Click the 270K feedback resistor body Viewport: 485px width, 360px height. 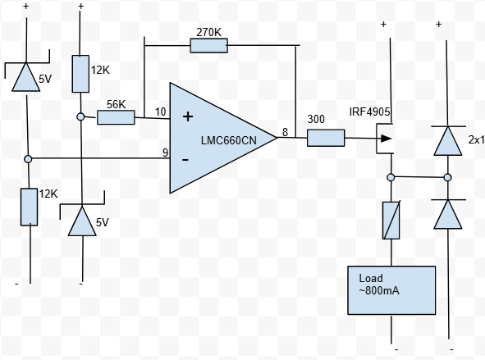(x=208, y=46)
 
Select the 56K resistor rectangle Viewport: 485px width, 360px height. (x=116, y=117)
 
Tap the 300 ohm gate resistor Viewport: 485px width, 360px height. (x=326, y=138)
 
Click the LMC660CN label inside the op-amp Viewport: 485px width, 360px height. (x=229, y=140)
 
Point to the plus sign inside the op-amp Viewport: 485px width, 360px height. (x=188, y=116)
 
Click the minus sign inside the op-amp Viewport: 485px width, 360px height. (x=185, y=159)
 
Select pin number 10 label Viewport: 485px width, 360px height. (x=161, y=112)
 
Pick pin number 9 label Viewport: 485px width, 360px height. (x=166, y=153)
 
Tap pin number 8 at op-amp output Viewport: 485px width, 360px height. (x=285, y=132)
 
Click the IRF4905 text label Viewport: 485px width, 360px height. (x=369, y=112)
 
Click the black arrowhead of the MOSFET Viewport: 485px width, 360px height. (x=387, y=139)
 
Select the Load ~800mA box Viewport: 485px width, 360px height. (x=391, y=290)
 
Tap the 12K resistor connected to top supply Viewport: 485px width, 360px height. (x=80, y=74)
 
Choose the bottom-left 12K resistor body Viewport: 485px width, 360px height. (x=30, y=207)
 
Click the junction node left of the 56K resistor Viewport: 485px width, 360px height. (x=80, y=116)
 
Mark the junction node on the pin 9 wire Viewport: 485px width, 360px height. (x=28, y=159)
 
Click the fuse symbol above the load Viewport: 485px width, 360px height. (x=391, y=221)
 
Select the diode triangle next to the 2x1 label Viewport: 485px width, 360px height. (x=448, y=141)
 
